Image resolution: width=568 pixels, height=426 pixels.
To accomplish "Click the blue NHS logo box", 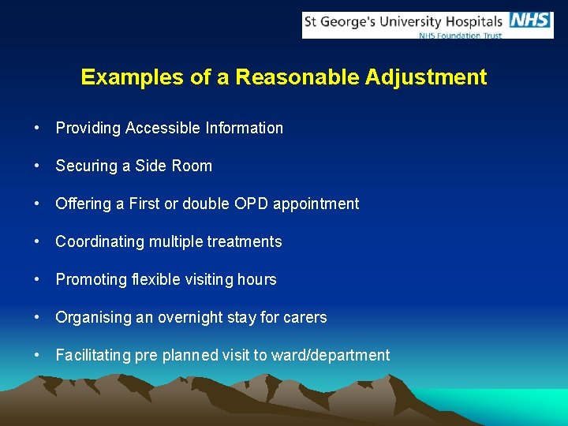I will pyautogui.click(x=530, y=21).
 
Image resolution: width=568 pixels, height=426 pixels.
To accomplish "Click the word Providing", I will pyautogui.click(x=86, y=128).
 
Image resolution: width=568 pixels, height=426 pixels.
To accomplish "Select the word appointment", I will pyautogui.click(x=316, y=204).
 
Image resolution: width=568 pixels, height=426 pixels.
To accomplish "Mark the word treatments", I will pyautogui.click(x=245, y=241).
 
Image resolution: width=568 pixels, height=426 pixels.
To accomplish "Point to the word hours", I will pyautogui.click(x=258, y=279).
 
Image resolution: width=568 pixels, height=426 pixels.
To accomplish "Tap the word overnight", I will pyautogui.click(x=190, y=317).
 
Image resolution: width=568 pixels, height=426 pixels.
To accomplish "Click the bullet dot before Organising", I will pyautogui.click(x=38, y=317).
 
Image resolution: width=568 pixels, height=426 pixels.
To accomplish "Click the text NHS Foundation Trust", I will pyautogui.click(x=460, y=35).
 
